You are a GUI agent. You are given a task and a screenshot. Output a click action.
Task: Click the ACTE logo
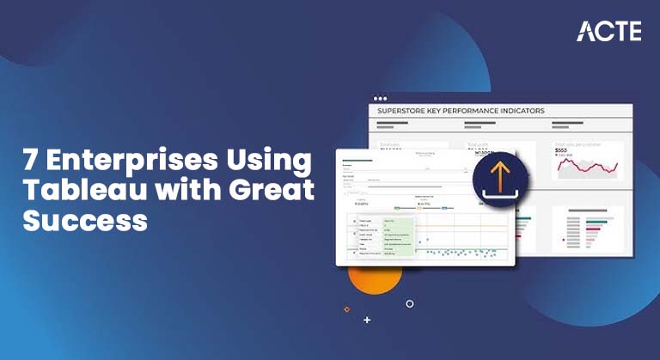(x=608, y=31)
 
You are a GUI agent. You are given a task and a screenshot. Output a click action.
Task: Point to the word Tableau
(x=74, y=191)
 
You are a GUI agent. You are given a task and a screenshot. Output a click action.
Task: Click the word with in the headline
(x=172, y=191)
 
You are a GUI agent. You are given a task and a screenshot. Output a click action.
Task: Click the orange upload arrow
(x=499, y=175)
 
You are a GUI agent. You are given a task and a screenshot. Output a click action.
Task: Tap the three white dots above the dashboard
(x=380, y=98)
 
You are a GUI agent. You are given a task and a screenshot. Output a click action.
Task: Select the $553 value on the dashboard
(x=562, y=149)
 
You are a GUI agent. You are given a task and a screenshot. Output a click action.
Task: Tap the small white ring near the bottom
(x=410, y=303)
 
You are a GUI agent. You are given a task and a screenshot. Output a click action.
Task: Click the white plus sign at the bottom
(x=367, y=320)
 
